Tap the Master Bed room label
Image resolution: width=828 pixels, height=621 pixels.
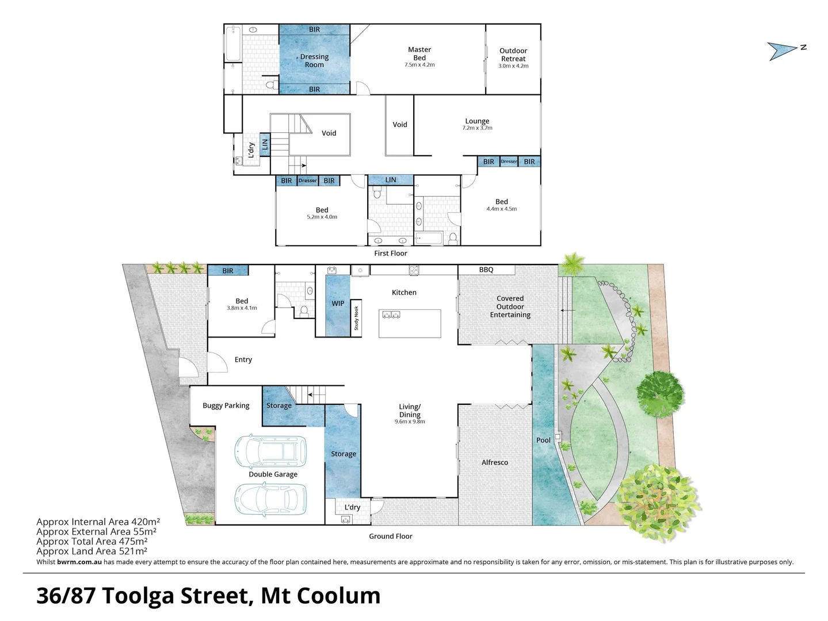[419, 54]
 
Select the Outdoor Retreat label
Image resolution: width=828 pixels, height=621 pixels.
[513, 55]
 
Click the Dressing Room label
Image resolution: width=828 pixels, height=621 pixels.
[314, 60]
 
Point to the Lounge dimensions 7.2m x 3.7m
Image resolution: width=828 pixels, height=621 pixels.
[477, 128]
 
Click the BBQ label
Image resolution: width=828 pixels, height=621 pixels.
[486, 270]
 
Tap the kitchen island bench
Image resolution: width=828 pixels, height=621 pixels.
[410, 323]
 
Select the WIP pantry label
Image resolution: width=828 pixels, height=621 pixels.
[338, 304]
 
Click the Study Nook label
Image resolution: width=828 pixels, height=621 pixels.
[356, 318]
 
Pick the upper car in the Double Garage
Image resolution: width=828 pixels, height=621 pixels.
[270, 451]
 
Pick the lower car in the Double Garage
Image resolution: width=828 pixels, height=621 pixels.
[270, 498]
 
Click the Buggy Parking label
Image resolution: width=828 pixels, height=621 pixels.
[226, 405]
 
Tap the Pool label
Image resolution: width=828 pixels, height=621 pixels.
[543, 440]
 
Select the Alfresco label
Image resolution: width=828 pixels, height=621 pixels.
[495, 462]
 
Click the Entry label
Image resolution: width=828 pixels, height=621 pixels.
[243, 359]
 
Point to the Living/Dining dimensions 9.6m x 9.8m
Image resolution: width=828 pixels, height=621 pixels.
[410, 421]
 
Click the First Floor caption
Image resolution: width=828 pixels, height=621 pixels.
[391, 253]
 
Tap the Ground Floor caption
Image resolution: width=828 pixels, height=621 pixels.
[391, 536]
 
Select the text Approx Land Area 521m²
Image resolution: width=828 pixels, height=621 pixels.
[91, 551]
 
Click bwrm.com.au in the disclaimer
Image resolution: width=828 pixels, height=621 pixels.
[79, 562]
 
